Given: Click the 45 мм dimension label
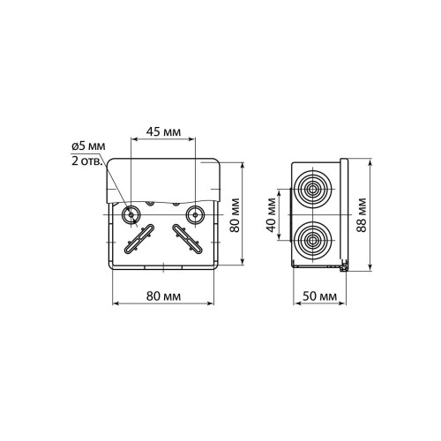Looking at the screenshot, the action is pos(163,132).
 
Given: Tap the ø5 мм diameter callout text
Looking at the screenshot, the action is pos(88,146).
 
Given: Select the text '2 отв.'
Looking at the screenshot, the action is pos(87,161).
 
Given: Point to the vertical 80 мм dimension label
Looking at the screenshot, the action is pos(235,215).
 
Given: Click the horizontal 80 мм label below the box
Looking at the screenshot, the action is pos(163,296).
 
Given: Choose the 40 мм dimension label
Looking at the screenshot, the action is pos(272,215).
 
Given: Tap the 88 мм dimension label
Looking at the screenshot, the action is pos(362,215).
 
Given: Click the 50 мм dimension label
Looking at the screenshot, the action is pos(319,296).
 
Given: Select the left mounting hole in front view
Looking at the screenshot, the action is pos(131,214).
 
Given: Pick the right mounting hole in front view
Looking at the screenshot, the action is pos(196,214).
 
